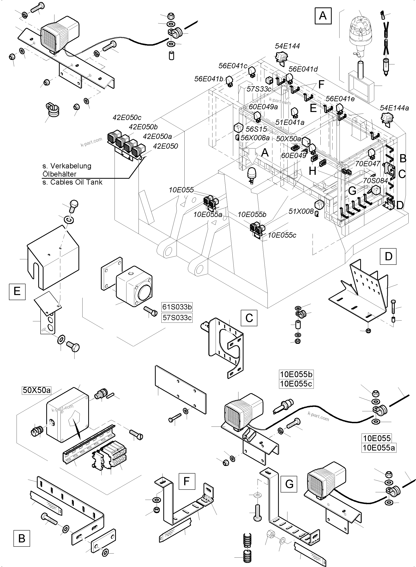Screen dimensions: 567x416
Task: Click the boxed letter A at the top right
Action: tap(323, 16)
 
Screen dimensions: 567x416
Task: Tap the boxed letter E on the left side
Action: tap(17, 291)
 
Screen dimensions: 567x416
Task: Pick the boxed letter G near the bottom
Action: tap(289, 484)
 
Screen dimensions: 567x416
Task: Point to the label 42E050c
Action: tap(127, 118)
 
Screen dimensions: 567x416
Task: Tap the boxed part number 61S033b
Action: tap(177, 307)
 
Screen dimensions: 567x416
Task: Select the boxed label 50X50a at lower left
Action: tap(37, 390)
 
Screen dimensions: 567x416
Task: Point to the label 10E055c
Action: tap(282, 235)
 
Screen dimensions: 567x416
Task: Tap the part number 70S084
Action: tap(375, 181)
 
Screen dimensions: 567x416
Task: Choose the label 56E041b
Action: tap(209, 79)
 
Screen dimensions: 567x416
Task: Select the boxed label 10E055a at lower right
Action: tap(379, 448)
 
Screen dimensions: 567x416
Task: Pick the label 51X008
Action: tap(301, 211)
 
